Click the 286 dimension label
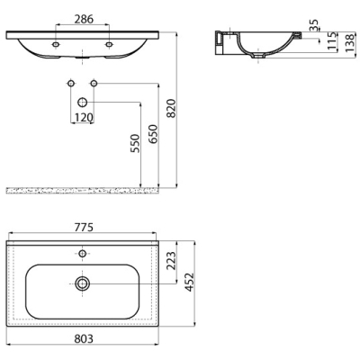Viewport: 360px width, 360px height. (84, 19)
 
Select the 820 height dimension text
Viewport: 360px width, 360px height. (171, 108)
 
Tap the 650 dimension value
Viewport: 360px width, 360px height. (153, 134)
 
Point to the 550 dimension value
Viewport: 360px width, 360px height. (135, 143)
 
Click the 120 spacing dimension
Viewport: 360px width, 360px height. (84, 118)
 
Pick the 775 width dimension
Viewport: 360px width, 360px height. (84, 228)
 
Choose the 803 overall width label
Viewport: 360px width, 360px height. (84, 338)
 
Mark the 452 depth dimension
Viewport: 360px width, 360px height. (189, 282)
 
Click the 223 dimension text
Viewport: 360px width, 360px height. (171, 261)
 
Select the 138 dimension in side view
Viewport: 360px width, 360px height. (349, 43)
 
